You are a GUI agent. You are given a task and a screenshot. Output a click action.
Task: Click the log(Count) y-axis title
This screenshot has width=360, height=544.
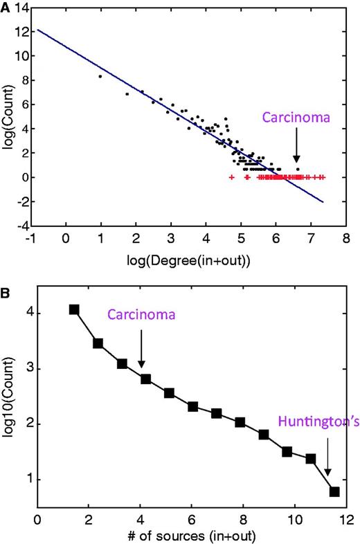8,115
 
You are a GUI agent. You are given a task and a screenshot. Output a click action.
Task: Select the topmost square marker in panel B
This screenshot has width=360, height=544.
74,309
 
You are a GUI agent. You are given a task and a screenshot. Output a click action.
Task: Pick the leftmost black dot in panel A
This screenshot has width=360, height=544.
100,77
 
